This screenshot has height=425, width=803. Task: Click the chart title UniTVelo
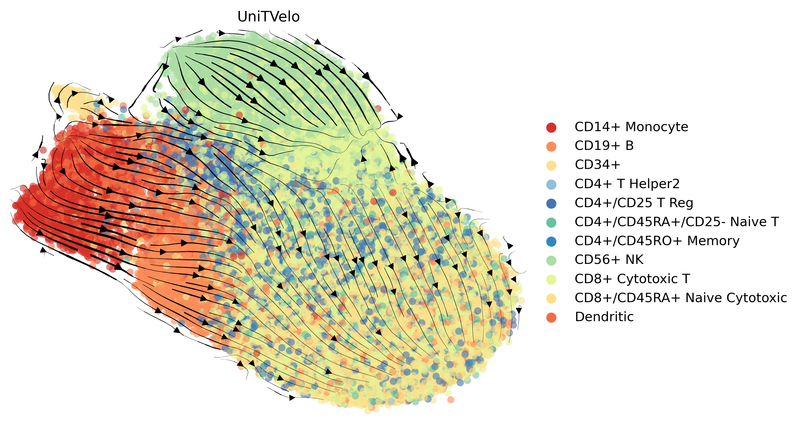(268, 16)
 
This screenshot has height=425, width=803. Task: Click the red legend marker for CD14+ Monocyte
(551, 127)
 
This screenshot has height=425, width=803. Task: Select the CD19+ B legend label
(604, 146)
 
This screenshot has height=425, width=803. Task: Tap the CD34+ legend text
(597, 165)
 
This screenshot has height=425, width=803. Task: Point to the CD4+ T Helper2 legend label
(627, 184)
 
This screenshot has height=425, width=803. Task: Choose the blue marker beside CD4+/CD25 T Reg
(551, 203)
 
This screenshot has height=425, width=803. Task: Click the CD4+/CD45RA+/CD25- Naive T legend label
(676, 222)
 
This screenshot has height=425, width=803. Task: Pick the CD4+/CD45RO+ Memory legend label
(657, 241)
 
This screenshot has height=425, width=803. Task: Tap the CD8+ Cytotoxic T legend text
(632, 279)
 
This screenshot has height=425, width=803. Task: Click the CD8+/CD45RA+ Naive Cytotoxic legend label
(680, 298)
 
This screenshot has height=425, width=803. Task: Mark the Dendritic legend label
(604, 317)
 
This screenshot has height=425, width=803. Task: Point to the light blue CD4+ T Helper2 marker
(551, 184)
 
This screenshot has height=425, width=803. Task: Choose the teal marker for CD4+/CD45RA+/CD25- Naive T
(551, 222)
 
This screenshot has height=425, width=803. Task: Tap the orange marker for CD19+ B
(551, 146)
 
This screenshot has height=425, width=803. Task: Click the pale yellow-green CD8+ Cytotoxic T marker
(551, 279)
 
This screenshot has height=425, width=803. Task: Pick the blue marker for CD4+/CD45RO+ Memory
(551, 241)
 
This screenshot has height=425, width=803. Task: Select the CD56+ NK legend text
(609, 260)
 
